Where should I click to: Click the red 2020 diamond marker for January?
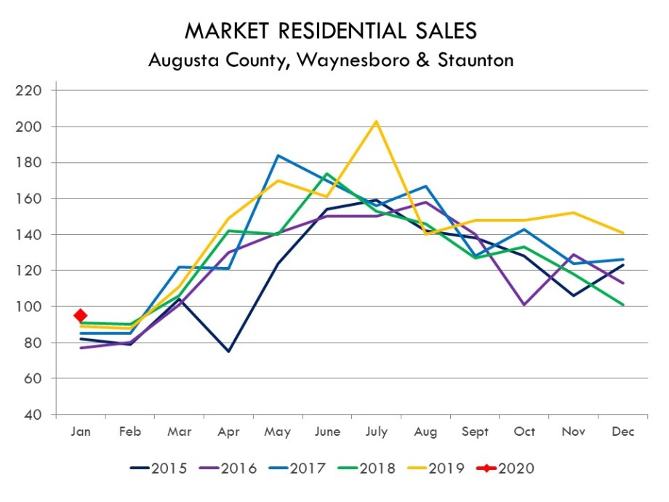point(81,315)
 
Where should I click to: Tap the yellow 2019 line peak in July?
point(376,121)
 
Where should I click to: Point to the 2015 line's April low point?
point(228,351)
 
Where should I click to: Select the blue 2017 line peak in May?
point(278,155)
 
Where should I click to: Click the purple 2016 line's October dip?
point(524,305)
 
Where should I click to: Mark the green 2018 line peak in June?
point(327,173)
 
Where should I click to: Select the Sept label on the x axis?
point(475,432)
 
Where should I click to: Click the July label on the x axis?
point(376,432)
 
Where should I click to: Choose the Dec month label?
point(623,432)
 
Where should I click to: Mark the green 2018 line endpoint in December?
point(623,305)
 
